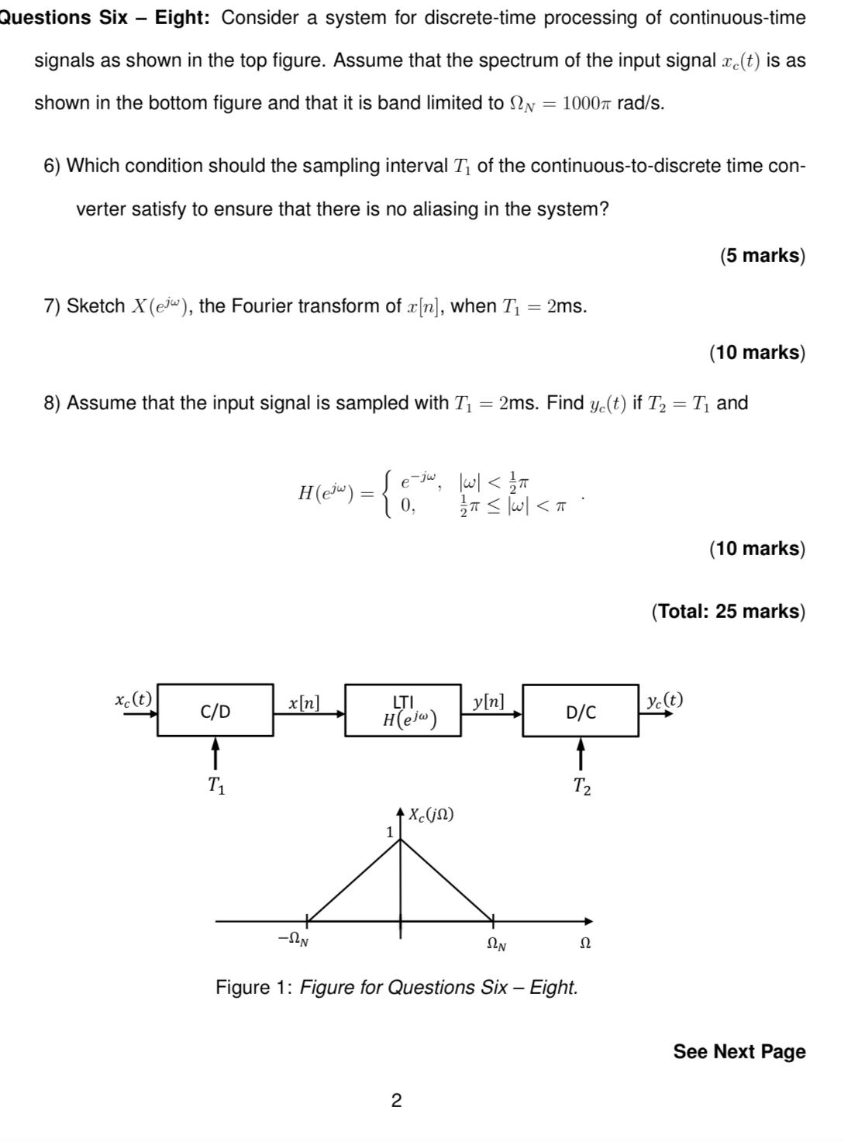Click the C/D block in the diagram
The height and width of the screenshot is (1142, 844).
click(x=215, y=710)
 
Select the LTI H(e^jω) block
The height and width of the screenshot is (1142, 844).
click(x=403, y=710)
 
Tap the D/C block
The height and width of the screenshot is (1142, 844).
click(x=580, y=711)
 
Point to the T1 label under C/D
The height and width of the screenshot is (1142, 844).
click(x=216, y=785)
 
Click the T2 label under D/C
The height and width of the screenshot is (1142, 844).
click(x=581, y=786)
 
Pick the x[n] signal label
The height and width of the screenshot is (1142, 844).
click(x=304, y=702)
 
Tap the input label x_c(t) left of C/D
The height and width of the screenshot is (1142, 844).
click(x=133, y=699)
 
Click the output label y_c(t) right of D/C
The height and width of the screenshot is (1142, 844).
click(x=665, y=699)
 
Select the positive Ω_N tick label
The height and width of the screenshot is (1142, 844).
click(x=497, y=943)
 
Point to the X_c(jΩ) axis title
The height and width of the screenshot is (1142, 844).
click(x=432, y=814)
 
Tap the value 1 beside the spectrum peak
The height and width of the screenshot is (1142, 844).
click(x=390, y=831)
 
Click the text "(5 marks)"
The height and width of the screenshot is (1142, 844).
click(x=763, y=255)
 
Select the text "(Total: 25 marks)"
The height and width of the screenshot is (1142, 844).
click(x=728, y=611)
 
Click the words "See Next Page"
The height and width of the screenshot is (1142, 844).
click(x=739, y=1051)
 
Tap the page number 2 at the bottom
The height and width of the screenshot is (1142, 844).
click(x=396, y=1100)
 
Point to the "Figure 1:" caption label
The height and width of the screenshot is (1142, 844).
click(x=253, y=987)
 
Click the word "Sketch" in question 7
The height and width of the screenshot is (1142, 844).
click(x=95, y=306)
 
